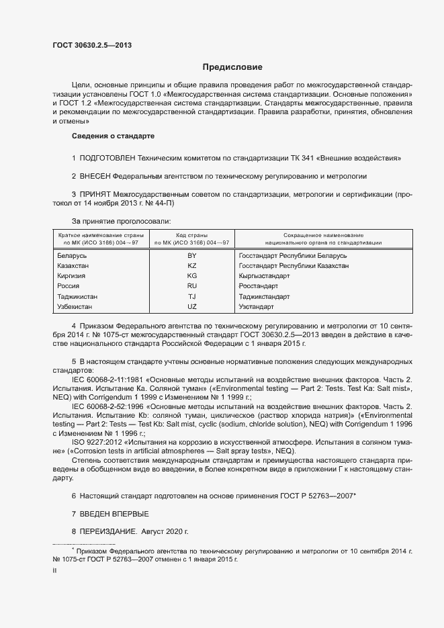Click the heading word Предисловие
point(232,67)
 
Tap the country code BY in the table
point(191,256)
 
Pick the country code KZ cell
point(191,266)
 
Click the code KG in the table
point(191,276)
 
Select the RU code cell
point(191,286)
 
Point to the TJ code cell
point(191,296)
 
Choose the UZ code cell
point(191,306)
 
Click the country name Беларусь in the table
point(73,256)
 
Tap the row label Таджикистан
point(78,296)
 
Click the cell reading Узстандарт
point(256,306)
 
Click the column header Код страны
point(191,235)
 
